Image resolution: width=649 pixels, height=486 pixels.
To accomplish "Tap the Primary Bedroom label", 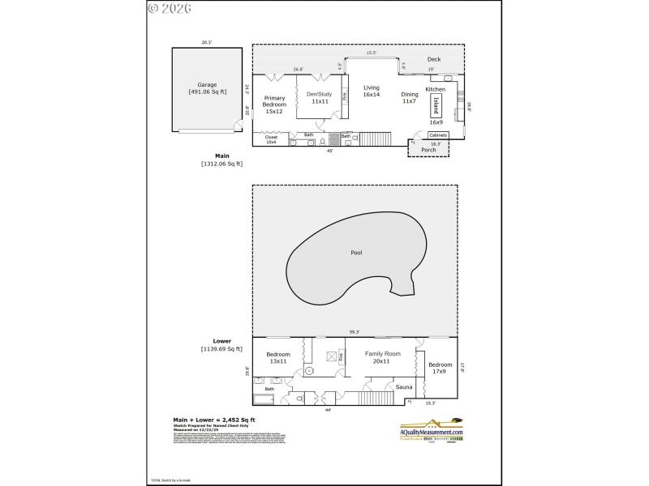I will pos(274,105).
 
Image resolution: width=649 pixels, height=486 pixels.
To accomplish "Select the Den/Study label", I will pos(318,98).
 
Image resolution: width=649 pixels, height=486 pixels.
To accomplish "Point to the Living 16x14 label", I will pos(372,91).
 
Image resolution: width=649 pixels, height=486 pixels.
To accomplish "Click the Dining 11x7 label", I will pos(410,98).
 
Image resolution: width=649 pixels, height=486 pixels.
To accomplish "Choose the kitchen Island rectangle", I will pos(436,106).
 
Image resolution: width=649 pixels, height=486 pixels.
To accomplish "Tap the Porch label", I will pos(428,149).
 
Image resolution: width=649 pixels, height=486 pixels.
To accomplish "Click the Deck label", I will pos(434,59).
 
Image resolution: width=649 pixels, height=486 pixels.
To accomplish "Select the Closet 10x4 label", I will pos(271,140).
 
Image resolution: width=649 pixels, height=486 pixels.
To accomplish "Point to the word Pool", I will pos(356,253).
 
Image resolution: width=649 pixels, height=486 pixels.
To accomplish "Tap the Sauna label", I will pos(404,387).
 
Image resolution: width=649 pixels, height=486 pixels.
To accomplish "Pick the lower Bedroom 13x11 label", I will pos(278,357).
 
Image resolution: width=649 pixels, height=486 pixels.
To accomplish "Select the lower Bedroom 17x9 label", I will pos(440,368).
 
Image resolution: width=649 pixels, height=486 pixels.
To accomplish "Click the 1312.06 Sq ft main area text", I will pos(221,164).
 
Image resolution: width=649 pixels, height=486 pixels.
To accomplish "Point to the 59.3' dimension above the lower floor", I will pos(354,332).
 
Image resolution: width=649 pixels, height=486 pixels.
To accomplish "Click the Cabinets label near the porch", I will pos(438,134).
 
